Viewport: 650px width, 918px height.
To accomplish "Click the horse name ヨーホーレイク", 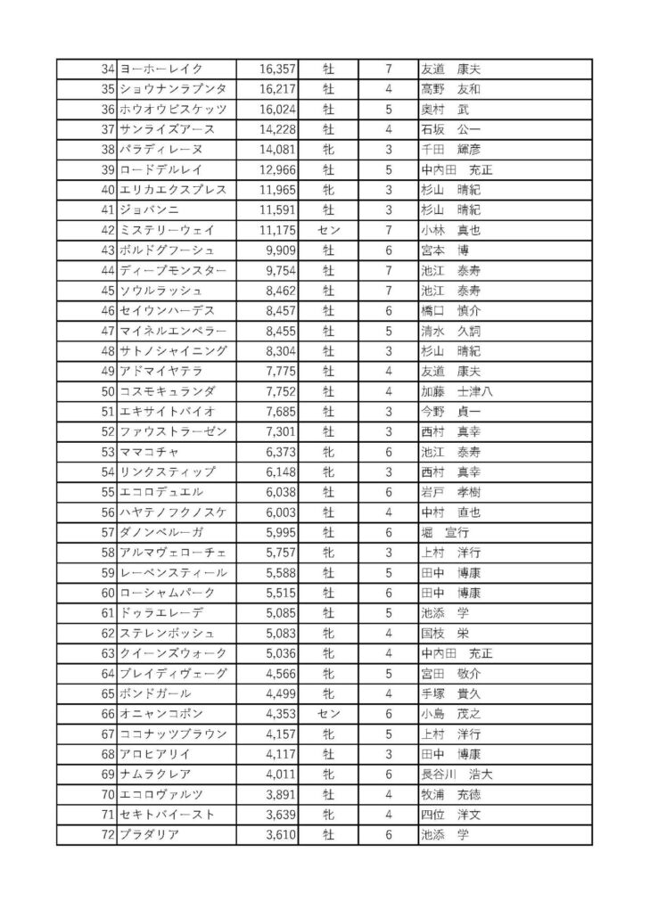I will point(161,69).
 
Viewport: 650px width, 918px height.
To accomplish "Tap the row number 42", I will point(109,230).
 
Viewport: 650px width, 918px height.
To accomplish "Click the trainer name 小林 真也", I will point(450,230).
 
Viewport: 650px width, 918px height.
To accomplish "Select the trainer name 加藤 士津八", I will point(457,391).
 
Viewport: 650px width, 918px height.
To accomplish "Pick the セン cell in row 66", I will point(328,714).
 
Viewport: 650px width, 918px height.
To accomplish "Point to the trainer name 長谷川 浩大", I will point(457,775).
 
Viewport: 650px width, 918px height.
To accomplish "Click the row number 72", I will point(109,835).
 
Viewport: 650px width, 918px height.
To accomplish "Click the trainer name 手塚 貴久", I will point(450,693).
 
